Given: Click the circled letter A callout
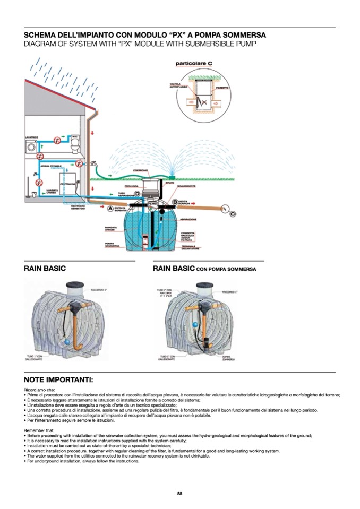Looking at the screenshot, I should tap(111, 209).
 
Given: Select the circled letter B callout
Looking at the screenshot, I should tap(174, 202).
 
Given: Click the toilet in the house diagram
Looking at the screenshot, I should tap(74, 144).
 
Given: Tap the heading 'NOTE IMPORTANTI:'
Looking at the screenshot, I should tap(58, 380).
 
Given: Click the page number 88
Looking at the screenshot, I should tap(179, 494).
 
